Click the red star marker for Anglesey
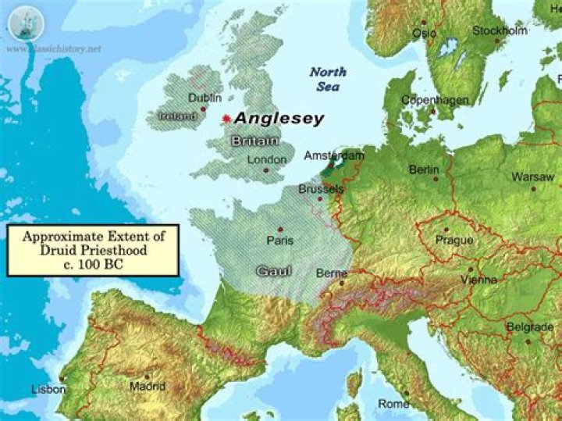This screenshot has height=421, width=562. [226, 119]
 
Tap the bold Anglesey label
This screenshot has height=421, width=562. [279, 119]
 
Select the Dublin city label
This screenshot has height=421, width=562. [205, 98]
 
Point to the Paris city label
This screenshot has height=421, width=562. [279, 240]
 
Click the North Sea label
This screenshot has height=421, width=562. [328, 80]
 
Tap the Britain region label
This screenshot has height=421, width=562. [254, 141]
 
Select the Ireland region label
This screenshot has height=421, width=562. [176, 116]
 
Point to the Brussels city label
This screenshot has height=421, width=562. [321, 189]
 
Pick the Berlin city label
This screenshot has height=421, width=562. [425, 169]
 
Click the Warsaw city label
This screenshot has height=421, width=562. [533, 177]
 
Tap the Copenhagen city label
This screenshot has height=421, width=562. [435, 100]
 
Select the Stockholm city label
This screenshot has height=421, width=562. [500, 31]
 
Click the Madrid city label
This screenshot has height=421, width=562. [148, 386]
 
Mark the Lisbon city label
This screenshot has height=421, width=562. [48, 388]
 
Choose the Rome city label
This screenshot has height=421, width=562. [393, 404]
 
